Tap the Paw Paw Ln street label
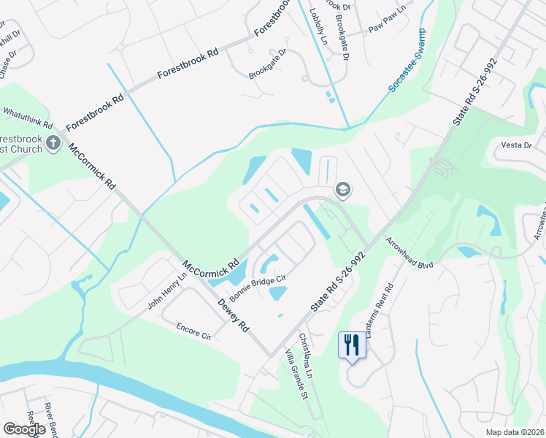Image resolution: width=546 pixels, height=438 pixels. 386,27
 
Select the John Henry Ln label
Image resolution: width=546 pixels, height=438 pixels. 167,291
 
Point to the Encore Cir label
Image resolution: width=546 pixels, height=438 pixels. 193,332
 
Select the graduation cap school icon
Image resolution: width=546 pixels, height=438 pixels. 342,191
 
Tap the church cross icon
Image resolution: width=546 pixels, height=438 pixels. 53,143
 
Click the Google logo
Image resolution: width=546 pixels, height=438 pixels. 24,429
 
